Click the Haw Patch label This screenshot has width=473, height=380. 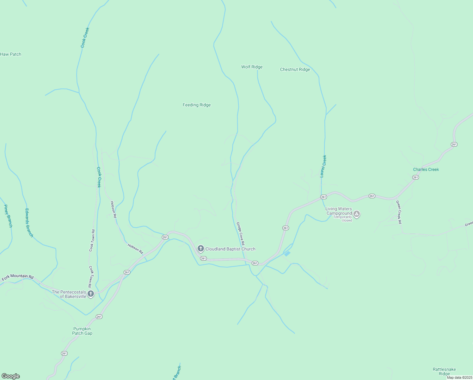(x=11, y=54)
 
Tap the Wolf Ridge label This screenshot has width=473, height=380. (x=252, y=67)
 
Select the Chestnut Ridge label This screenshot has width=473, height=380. (x=295, y=69)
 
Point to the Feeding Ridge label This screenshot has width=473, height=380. (x=196, y=105)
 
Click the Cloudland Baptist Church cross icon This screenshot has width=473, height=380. (x=200, y=249)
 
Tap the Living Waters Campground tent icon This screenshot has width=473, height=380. (x=357, y=214)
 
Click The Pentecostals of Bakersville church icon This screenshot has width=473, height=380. (x=91, y=294)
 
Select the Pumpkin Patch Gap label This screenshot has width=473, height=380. (x=82, y=331)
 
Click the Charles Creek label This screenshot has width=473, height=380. (x=426, y=169)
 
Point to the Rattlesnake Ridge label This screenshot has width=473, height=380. (x=444, y=371)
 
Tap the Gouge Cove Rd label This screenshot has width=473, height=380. (x=241, y=234)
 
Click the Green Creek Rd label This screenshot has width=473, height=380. (x=399, y=212)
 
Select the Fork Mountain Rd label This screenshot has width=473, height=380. (x=17, y=277)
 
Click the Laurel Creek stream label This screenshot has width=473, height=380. (x=323, y=166)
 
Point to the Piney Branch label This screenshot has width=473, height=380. (x=8, y=216)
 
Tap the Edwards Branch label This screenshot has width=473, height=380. (x=29, y=223)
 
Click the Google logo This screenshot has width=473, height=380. (x=10, y=376)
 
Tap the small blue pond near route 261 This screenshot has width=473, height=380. (x=287, y=254)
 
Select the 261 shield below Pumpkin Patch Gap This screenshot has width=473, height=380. (x=64, y=353)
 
